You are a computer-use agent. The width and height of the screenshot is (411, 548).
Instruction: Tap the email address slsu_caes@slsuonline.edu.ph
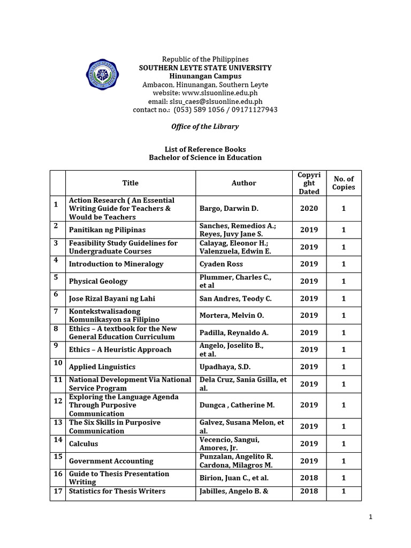(x=205, y=101)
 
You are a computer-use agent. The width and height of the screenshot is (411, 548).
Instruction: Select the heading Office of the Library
(x=205, y=127)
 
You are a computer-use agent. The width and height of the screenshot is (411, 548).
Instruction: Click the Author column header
(x=243, y=183)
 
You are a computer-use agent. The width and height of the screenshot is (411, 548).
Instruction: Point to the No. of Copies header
(x=343, y=183)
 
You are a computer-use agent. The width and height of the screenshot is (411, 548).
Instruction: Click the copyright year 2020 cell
(x=309, y=209)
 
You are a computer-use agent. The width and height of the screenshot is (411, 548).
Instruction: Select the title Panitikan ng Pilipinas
(x=107, y=230)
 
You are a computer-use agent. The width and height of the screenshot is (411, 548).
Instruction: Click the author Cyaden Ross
(x=223, y=264)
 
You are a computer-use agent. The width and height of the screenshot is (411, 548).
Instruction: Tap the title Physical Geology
(x=98, y=281)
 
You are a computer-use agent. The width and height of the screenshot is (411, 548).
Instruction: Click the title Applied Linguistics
(x=102, y=367)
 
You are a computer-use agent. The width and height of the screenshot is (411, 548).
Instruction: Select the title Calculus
(x=83, y=444)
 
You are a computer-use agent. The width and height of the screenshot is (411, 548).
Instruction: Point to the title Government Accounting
(x=111, y=461)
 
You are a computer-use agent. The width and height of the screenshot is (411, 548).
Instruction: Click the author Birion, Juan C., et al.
(x=234, y=478)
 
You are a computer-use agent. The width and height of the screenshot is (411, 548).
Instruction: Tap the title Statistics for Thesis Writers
(x=117, y=491)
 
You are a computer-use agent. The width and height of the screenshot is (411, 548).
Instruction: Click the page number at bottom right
(x=370, y=516)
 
